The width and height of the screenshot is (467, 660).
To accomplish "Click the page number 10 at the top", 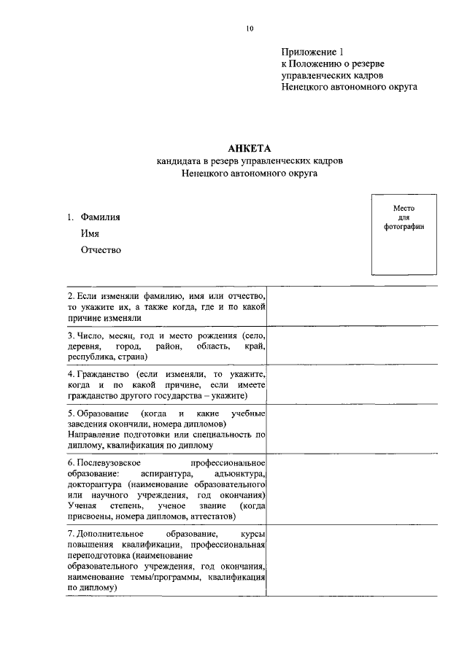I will [x=250, y=28].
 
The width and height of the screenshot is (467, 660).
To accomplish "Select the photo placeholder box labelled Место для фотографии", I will [x=404, y=234].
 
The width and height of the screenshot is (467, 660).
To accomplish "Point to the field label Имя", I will [x=90, y=233].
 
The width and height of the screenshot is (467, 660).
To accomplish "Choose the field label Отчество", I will [x=101, y=250].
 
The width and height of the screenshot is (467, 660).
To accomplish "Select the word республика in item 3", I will [x=90, y=357].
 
